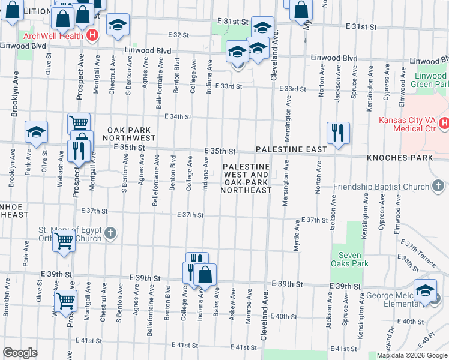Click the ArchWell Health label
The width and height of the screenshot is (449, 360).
pyautogui.click(x=52, y=35)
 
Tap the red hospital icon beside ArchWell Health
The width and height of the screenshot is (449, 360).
pyautogui.click(x=92, y=35)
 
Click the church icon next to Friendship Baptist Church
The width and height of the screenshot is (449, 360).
pyautogui.click(x=439, y=187)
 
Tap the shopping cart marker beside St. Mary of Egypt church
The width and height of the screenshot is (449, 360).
pyautogui.click(x=64, y=242)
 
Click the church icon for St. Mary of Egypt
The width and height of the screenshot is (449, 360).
pyautogui.click(x=110, y=233)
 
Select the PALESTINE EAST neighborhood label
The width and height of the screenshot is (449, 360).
pyautogui.click(x=291, y=149)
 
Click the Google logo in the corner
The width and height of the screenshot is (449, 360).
pyautogui.click(x=20, y=353)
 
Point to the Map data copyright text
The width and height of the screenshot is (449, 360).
pyautogui.click(x=412, y=355)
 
